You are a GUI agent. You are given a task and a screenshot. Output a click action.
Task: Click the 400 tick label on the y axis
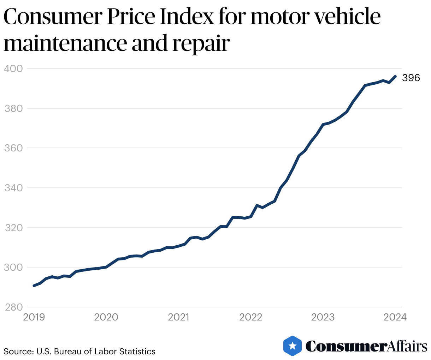(13, 68)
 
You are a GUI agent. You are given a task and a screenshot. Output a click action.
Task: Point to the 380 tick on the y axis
(13, 108)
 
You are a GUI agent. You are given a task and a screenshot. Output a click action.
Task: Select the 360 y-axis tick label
(13, 148)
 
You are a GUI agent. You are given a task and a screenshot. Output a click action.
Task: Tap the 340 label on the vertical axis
(13, 188)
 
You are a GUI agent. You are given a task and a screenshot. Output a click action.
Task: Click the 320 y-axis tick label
(13, 228)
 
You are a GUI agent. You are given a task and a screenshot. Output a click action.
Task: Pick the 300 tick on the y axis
(13, 267)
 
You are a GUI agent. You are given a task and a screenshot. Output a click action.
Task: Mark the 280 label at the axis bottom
(13, 307)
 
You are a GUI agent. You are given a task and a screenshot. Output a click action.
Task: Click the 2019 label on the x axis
(34, 317)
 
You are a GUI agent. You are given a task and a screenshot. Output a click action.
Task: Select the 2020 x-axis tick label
(106, 317)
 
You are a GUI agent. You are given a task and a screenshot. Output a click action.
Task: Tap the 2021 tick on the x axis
(178, 317)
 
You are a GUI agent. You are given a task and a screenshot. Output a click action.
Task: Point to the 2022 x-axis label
(251, 317)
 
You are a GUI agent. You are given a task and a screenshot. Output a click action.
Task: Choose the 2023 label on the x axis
(323, 317)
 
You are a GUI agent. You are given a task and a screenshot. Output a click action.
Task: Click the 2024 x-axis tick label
(395, 317)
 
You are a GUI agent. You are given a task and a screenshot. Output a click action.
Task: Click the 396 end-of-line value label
(411, 78)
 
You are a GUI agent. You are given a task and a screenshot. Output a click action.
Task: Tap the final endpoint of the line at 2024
(395, 76)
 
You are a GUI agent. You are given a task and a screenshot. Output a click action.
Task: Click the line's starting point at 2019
(34, 286)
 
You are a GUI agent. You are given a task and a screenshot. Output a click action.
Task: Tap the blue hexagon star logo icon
(293, 346)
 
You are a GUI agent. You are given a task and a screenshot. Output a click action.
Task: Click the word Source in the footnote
(16, 352)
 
